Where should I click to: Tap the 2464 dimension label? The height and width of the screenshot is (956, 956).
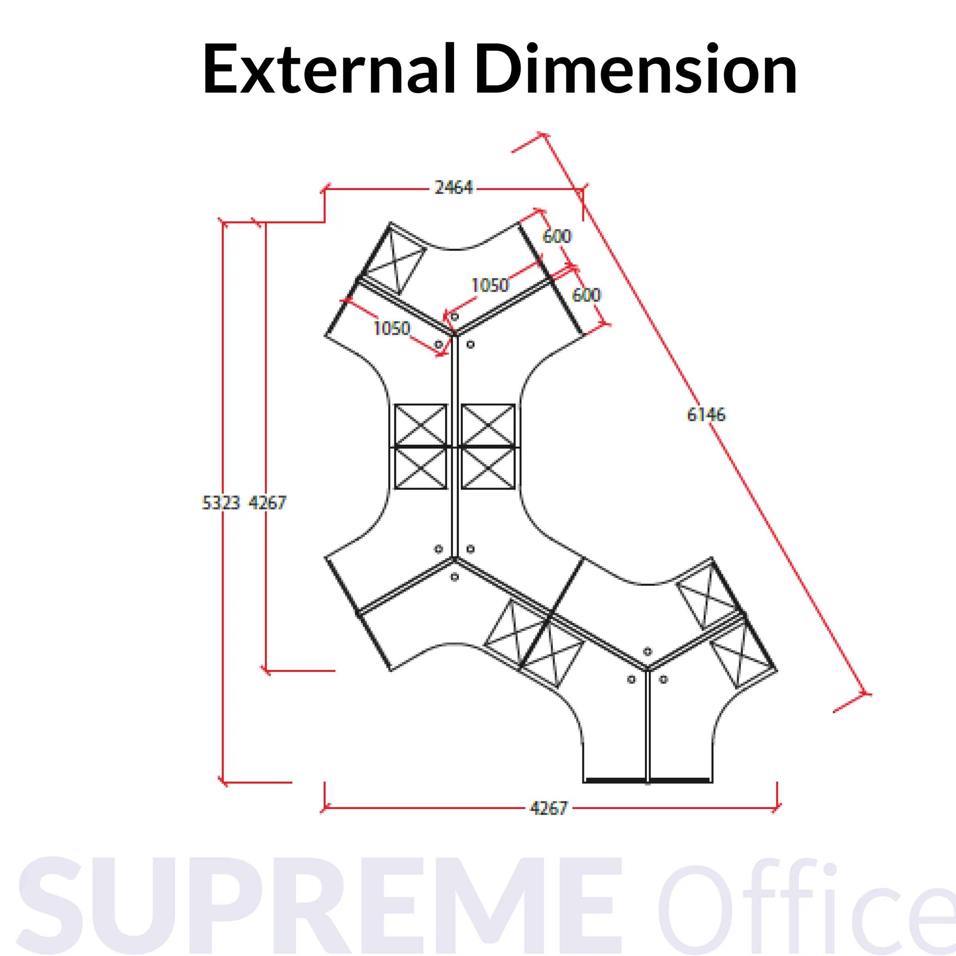[453, 188]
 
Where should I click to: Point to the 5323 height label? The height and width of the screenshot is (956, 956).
[221, 503]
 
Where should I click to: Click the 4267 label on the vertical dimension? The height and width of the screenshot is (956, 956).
[267, 503]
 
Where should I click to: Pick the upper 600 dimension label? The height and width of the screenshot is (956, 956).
[557, 236]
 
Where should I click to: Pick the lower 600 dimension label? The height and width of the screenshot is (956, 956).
[586, 295]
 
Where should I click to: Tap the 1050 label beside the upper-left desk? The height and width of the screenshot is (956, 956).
[392, 328]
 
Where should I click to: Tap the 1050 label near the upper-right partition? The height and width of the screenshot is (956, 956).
[490, 285]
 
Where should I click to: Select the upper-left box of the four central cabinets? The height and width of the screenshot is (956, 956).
[421, 425]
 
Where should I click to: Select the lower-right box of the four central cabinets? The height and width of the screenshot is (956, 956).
[488, 468]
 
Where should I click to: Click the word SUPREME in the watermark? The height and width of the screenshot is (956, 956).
[317, 905]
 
